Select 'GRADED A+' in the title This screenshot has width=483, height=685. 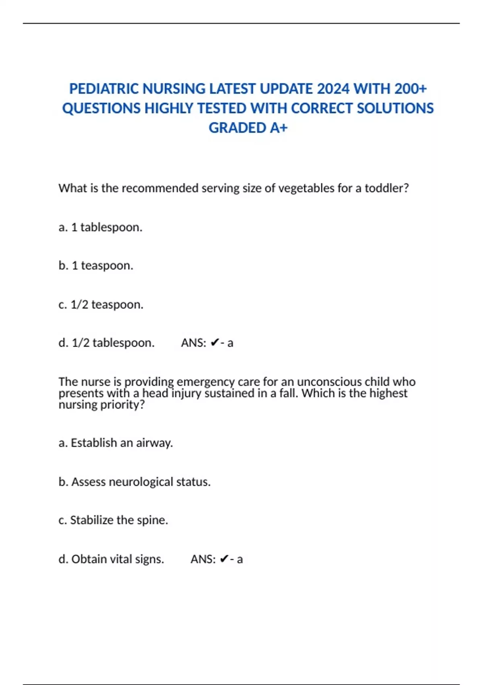[248, 128]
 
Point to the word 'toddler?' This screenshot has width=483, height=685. [387, 188]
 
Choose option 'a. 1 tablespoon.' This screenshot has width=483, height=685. [100, 227]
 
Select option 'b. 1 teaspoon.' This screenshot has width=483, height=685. [95, 266]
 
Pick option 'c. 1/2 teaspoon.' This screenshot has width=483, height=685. [101, 305]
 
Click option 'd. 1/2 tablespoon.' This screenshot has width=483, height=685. [106, 343]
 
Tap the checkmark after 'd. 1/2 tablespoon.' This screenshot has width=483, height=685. [215, 343]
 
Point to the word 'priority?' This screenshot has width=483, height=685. [122, 405]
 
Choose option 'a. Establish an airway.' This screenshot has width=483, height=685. [116, 443]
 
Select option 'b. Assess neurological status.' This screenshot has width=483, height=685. [134, 482]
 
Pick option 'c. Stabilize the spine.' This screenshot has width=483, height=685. [113, 520]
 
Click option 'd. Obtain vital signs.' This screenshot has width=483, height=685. [111, 559]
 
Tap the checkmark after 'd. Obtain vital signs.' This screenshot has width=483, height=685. [224, 559]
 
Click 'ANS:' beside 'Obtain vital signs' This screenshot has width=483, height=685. [203, 559]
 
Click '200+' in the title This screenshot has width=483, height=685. [410, 89]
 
